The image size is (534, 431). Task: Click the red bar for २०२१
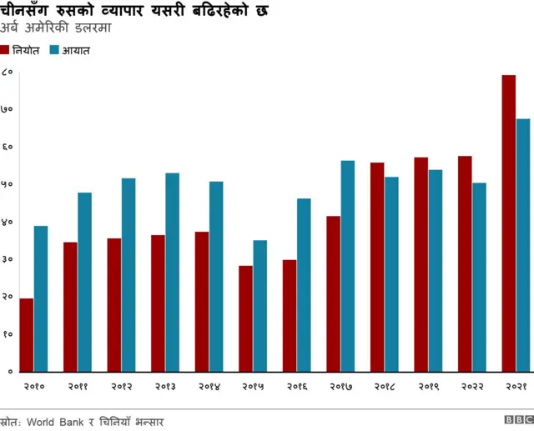coord(508,223)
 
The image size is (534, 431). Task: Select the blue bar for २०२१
coord(522,244)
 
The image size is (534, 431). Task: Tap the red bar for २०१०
coord(27,334)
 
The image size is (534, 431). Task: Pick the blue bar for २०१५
coord(259,305)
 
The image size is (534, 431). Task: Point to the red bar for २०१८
coord(377,267)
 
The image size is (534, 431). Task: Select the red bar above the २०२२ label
coord(465,263)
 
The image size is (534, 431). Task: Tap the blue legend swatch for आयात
coord(54,50)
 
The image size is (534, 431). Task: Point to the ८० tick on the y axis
coord(7,73)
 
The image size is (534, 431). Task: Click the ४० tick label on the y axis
coord(7,222)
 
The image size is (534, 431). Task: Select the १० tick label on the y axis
coord(7,333)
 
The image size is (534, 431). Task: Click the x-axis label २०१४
coord(209,387)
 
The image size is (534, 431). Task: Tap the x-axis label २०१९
coord(428,387)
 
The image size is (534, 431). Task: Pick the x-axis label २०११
coord(77,387)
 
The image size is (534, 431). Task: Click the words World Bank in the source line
coord(56,422)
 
